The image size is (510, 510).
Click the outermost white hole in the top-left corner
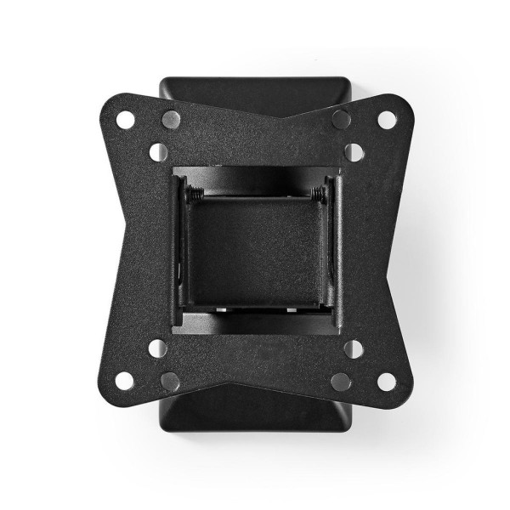(x=125, y=120)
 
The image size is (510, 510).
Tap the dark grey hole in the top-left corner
(x=171, y=119)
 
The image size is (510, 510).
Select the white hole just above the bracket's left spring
(x=158, y=152)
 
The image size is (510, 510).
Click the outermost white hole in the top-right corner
(x=387, y=120)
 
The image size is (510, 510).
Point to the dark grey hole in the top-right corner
(x=341, y=119)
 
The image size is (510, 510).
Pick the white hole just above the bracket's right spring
(x=354, y=152)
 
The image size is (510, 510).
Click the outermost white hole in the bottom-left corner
(x=125, y=381)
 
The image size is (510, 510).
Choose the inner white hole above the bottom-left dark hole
(x=158, y=348)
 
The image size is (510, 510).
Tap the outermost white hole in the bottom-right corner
(x=387, y=381)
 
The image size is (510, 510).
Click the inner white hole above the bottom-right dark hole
(x=354, y=348)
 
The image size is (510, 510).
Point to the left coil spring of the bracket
(x=196, y=194)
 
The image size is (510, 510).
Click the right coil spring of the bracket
(x=317, y=194)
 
